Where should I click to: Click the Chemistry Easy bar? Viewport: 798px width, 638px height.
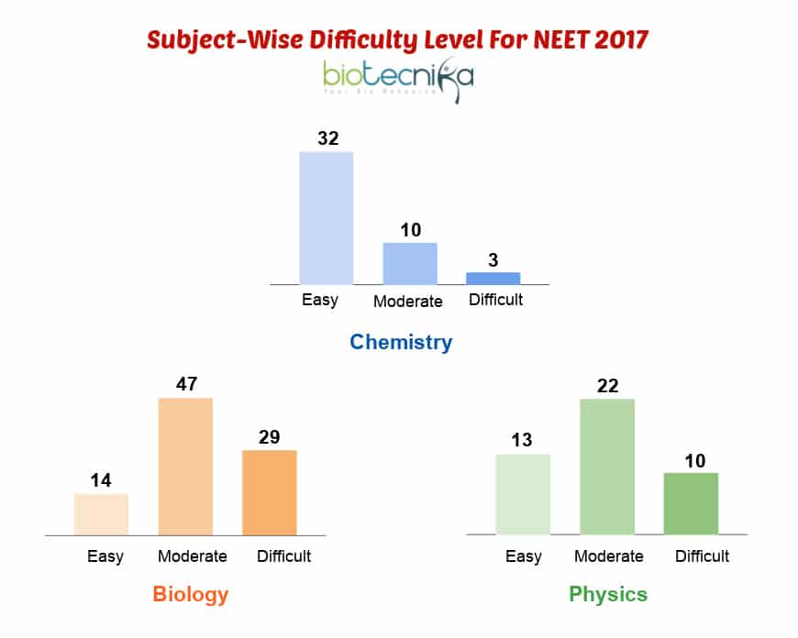(x=327, y=217)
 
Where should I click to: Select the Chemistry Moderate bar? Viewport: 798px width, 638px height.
(x=410, y=263)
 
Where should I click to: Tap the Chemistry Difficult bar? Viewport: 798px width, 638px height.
(x=493, y=278)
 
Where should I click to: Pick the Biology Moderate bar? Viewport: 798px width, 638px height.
(x=185, y=466)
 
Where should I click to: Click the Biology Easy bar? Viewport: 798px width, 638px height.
(x=101, y=514)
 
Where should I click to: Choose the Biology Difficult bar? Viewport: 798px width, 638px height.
(x=270, y=492)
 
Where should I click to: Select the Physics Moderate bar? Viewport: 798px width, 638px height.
(x=607, y=466)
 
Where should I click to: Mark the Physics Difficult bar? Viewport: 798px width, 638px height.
(x=691, y=503)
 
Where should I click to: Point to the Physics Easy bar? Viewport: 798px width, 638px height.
(x=523, y=494)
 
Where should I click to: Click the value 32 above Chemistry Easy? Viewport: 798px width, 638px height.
(x=327, y=138)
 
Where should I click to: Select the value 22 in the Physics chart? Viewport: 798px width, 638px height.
(x=607, y=385)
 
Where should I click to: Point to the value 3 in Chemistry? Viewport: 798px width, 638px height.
(x=493, y=259)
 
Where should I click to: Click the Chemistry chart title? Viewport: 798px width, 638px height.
(x=401, y=343)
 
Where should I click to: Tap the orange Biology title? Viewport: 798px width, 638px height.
(x=190, y=594)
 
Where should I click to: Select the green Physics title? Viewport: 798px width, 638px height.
(x=608, y=594)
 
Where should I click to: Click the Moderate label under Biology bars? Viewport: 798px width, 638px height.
(x=193, y=556)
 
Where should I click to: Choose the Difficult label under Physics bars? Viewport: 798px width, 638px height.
(x=702, y=556)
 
